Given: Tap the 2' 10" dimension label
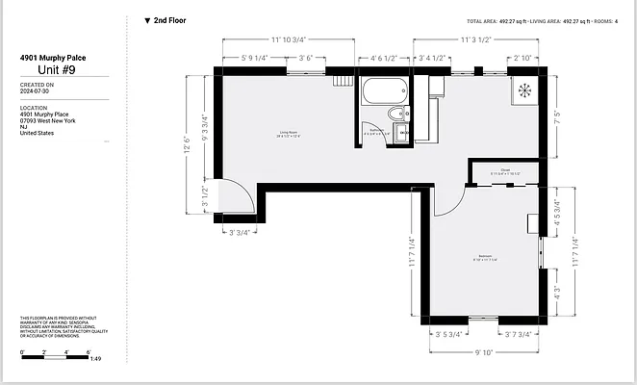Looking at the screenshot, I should (x=522, y=58).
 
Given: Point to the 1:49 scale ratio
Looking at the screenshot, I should (x=95, y=359).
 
